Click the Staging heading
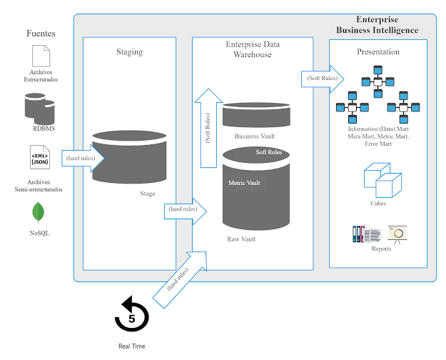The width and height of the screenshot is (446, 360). [x=129, y=51]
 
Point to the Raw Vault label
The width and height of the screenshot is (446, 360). [x=240, y=239]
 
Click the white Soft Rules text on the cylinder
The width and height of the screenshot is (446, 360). [x=268, y=152]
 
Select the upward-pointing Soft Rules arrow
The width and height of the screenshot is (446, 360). [x=208, y=129]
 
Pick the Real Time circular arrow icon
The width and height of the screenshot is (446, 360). [x=131, y=314]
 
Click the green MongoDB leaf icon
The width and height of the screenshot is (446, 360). [x=37, y=213]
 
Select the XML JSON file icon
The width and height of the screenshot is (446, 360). [x=39, y=157]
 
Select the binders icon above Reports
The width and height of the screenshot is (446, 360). [x=368, y=234]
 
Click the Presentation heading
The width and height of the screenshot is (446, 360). [x=378, y=51]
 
